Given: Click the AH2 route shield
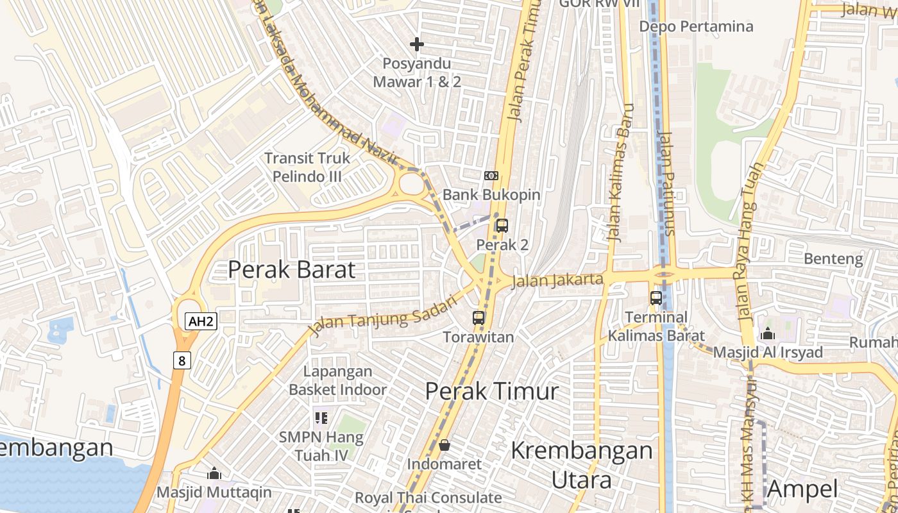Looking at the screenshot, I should click(201, 321).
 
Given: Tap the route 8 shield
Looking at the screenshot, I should click(182, 360).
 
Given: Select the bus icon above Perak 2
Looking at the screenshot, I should click(502, 226).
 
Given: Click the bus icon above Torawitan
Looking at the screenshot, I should click(479, 317).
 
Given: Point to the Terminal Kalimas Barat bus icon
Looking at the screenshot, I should click(656, 298).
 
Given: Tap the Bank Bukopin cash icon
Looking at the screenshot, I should click(491, 176).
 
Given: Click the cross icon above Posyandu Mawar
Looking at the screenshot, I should click(417, 44).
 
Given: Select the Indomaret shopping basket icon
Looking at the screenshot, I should click(444, 445).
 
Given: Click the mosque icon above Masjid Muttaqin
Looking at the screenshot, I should click(214, 474).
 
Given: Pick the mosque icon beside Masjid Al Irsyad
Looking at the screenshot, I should click(768, 334).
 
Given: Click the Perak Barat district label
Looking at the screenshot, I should click(291, 270).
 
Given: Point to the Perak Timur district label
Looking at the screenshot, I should click(492, 391).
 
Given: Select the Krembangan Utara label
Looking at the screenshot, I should click(581, 464).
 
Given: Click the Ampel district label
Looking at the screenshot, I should click(802, 489).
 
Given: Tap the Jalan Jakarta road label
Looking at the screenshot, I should click(557, 280).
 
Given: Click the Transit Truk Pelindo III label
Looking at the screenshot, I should click(307, 167).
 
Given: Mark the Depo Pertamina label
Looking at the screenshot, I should click(696, 26).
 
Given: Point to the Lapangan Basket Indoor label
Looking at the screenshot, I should click(337, 380).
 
